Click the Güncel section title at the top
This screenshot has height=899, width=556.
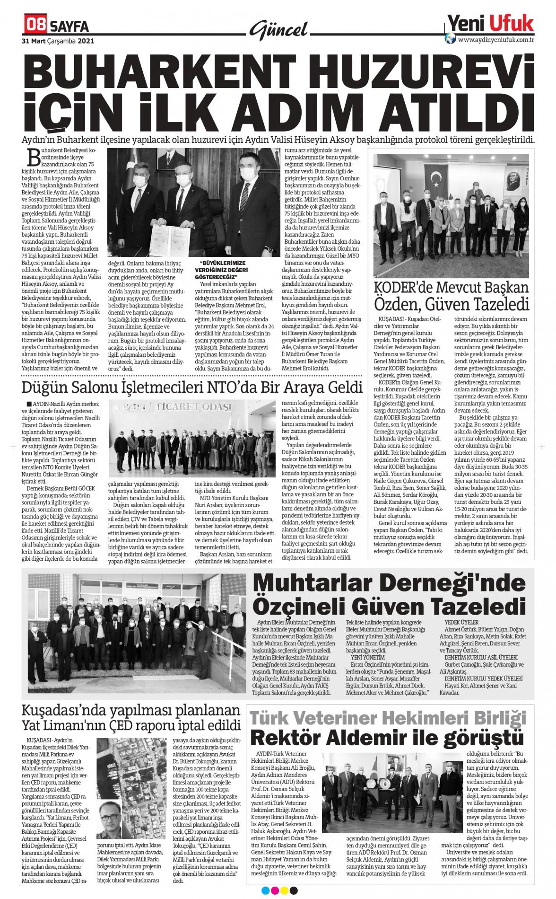coord(279,30)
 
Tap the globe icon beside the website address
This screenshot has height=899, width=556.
coord(451,39)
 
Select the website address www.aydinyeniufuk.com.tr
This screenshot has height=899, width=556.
coord(496,40)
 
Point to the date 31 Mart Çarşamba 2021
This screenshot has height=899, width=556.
coord(58,41)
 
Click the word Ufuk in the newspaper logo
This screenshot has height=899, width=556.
coord(512,23)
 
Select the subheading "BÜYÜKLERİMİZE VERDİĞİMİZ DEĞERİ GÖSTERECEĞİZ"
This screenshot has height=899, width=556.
coord(221,270)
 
